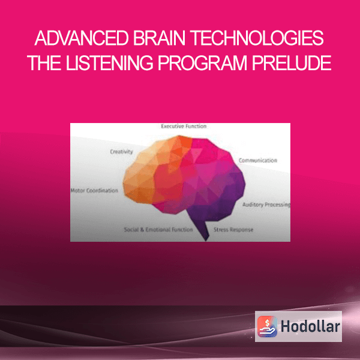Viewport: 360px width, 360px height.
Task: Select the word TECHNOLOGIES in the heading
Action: [257, 38]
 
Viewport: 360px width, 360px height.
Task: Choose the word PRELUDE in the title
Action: [292, 62]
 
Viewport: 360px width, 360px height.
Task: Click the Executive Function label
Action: [184, 126]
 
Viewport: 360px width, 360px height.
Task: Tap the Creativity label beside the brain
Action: [121, 152]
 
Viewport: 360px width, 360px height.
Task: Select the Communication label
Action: [258, 160]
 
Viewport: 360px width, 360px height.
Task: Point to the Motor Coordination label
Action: [94, 190]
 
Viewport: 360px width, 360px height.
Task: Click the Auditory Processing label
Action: [266, 205]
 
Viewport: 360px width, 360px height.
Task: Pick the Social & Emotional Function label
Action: [158, 229]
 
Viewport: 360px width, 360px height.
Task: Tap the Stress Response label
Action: [233, 230]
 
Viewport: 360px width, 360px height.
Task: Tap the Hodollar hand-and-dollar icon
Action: [267, 326]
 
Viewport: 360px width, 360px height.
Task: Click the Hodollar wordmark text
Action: [310, 326]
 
